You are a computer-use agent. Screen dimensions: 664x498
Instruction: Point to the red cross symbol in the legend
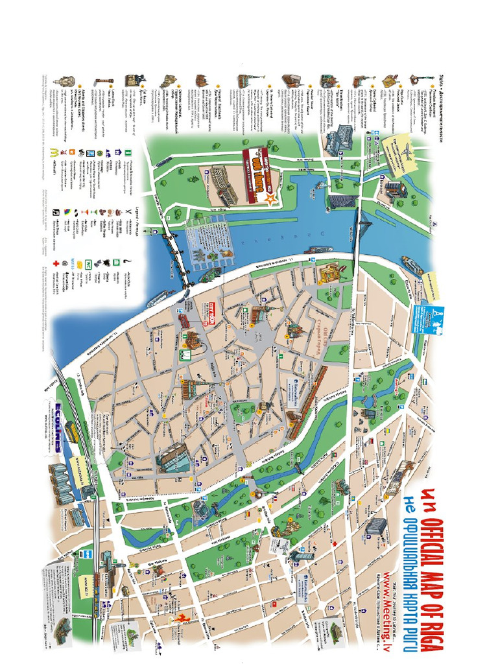(x=56, y=264)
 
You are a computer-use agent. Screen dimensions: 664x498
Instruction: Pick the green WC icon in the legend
(x=88, y=265)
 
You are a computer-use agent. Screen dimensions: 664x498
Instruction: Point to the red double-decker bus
(x=184, y=319)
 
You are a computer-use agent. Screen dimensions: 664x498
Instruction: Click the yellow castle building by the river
(x=331, y=273)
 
